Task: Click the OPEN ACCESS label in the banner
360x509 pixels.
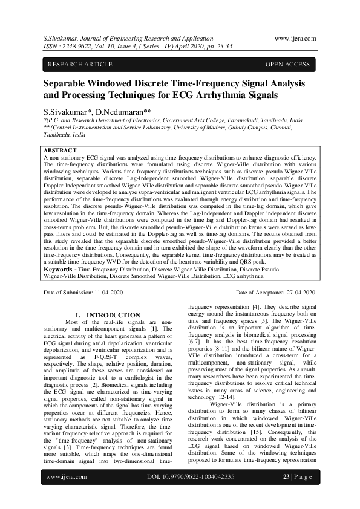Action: coord(287,65)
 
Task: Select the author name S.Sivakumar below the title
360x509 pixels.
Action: coord(65,112)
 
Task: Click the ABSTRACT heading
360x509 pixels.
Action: coord(60,150)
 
